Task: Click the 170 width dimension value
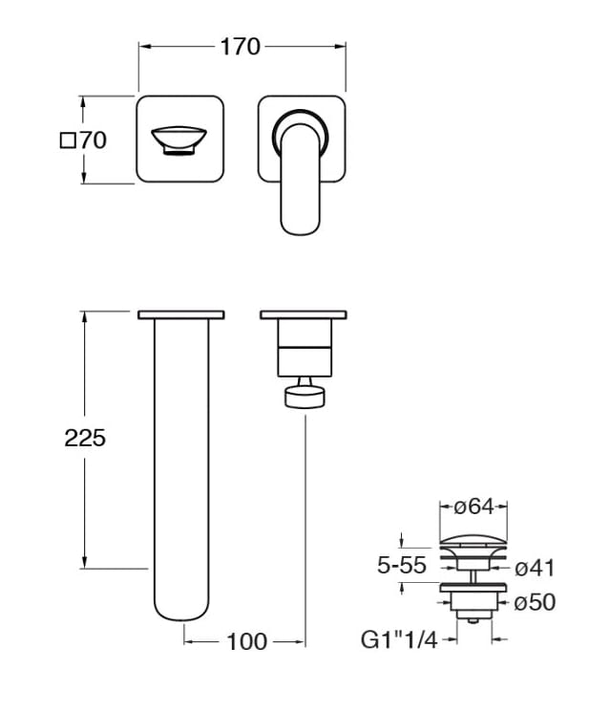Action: pos(240,47)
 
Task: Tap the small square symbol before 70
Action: pos(68,140)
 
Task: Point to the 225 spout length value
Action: pos(85,438)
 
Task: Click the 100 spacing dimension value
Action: pos(246,642)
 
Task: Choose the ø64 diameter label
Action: pos(473,507)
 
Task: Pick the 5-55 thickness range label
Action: pos(402,566)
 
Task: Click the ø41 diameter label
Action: pos(535,568)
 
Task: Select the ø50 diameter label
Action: pos(535,602)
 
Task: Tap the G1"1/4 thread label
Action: pos(399,639)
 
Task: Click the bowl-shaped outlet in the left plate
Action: pos(179,140)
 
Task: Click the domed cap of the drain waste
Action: pos(473,540)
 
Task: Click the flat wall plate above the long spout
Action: pos(181,314)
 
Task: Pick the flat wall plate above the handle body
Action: pos(304,314)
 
